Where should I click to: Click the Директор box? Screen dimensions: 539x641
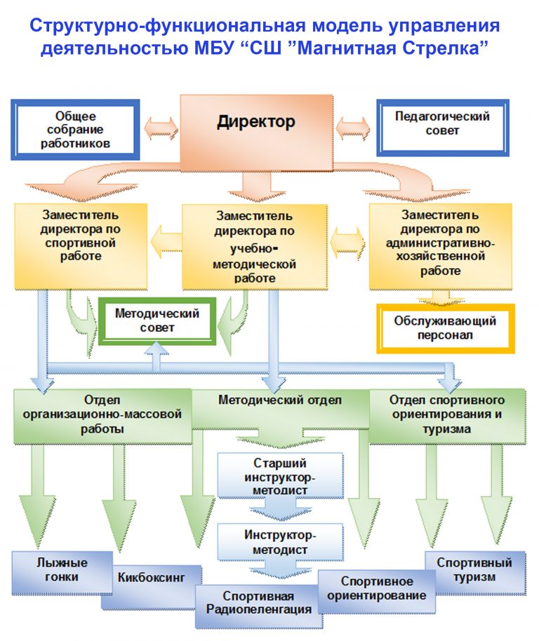[x=256, y=133]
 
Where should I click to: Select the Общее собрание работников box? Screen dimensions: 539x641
[x=75, y=130]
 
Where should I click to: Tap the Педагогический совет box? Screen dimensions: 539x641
[x=442, y=128]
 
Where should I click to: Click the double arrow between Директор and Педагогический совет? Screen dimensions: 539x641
[x=352, y=128]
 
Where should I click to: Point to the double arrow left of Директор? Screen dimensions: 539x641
[x=161, y=128]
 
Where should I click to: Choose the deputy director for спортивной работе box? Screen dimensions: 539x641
[x=81, y=246]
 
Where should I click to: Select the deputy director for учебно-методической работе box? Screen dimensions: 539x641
[x=255, y=247]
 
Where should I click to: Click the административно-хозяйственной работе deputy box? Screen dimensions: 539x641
[x=441, y=246]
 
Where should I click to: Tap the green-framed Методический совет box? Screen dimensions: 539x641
[x=157, y=321]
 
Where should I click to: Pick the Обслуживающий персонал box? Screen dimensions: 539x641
[x=446, y=328]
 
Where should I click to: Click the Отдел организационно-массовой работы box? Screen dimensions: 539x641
[x=102, y=416]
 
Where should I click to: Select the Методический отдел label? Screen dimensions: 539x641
[x=280, y=400]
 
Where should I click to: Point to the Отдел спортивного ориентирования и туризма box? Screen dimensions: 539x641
[x=447, y=416]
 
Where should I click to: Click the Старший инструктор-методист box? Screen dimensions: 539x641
[x=280, y=476]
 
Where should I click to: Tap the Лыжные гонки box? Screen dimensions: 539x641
[x=62, y=572]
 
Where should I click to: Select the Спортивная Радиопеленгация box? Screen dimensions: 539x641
[x=258, y=606]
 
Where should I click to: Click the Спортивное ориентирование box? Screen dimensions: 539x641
[x=377, y=591]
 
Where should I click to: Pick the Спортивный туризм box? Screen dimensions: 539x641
[x=475, y=572]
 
